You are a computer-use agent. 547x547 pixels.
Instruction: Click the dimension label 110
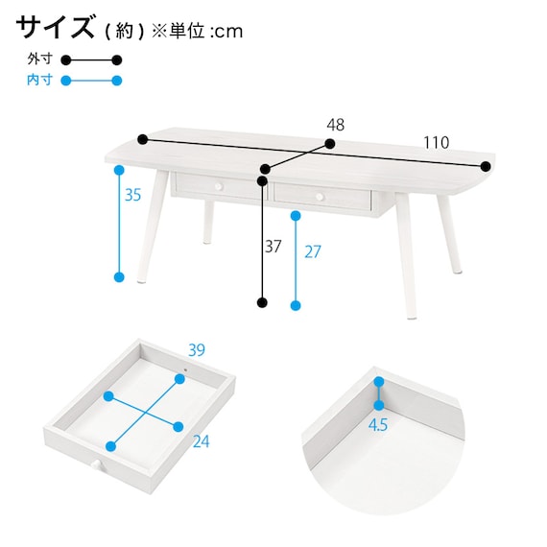[x=436, y=142]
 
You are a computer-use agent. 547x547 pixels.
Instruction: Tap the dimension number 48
[x=336, y=125]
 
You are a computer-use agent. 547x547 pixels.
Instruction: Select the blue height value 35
[x=133, y=195]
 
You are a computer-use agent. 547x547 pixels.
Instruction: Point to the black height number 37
[x=273, y=247]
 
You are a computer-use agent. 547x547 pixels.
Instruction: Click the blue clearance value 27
[x=313, y=251]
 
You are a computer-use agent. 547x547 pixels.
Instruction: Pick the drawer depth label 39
[x=197, y=350]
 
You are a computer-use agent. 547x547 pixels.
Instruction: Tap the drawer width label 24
[x=202, y=441]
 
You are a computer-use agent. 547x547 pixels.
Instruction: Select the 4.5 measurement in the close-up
[x=378, y=424]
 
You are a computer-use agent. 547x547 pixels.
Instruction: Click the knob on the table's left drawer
[x=219, y=187]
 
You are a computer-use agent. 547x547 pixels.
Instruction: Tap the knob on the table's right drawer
[x=320, y=197]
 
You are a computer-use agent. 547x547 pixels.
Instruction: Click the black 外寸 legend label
[x=39, y=59]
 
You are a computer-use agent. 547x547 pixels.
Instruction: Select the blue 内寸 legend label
[x=39, y=80]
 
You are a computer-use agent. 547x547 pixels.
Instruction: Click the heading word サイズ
[x=55, y=27]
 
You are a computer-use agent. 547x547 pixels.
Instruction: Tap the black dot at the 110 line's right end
[x=486, y=167]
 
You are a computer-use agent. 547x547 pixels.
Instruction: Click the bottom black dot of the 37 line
[x=262, y=302]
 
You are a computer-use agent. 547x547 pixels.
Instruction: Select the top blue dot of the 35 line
[x=119, y=170]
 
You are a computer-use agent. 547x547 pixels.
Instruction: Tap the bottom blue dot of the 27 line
[x=296, y=305]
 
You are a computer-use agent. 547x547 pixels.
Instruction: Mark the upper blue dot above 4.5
[x=379, y=382]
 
